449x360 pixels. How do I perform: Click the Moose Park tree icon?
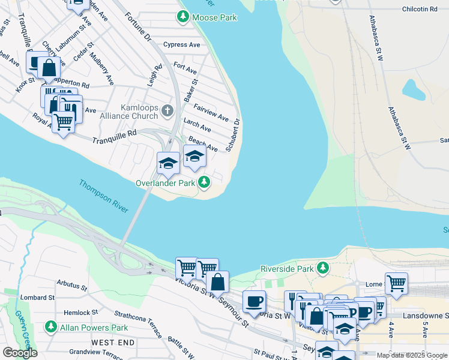pyautogui.click(x=182, y=17)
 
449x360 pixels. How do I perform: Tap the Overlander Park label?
pyautogui.click(x=165, y=182)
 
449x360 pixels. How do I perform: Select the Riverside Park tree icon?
pyautogui.click(x=324, y=267)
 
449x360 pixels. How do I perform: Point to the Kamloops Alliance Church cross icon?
pyautogui.click(x=167, y=111)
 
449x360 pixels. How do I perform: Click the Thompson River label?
pyautogui.click(x=103, y=196)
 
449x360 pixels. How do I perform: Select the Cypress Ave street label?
pyautogui.click(x=182, y=44)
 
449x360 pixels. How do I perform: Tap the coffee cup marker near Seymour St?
pyautogui.click(x=255, y=301)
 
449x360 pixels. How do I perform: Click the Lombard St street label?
pyautogui.click(x=37, y=297)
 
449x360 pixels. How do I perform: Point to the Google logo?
pyautogui.click(x=20, y=352)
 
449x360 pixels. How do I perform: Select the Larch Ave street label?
pyautogui.click(x=197, y=126)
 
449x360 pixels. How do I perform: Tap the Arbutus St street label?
pyautogui.click(x=71, y=283)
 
